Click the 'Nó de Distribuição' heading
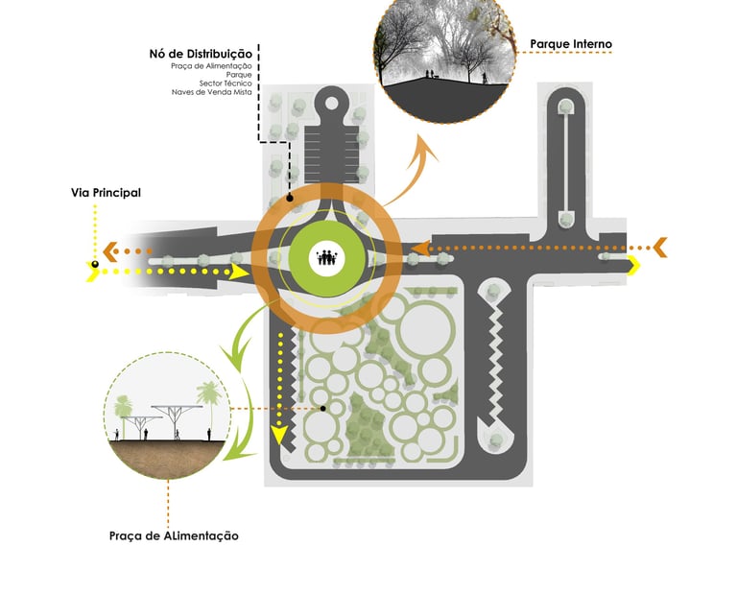click(200, 53)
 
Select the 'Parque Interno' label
click(571, 44)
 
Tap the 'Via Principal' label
click(106, 193)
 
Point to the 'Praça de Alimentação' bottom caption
click(174, 535)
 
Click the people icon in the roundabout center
click(326, 257)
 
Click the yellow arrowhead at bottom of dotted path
click(281, 438)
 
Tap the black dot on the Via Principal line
click(95, 263)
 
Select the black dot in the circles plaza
click(323, 409)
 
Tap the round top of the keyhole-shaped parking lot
click(333, 100)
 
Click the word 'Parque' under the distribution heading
click(239, 74)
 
